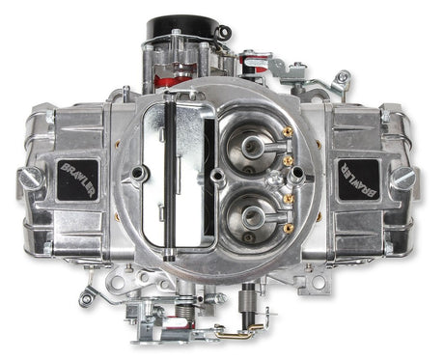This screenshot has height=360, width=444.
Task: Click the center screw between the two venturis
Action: [220, 178]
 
